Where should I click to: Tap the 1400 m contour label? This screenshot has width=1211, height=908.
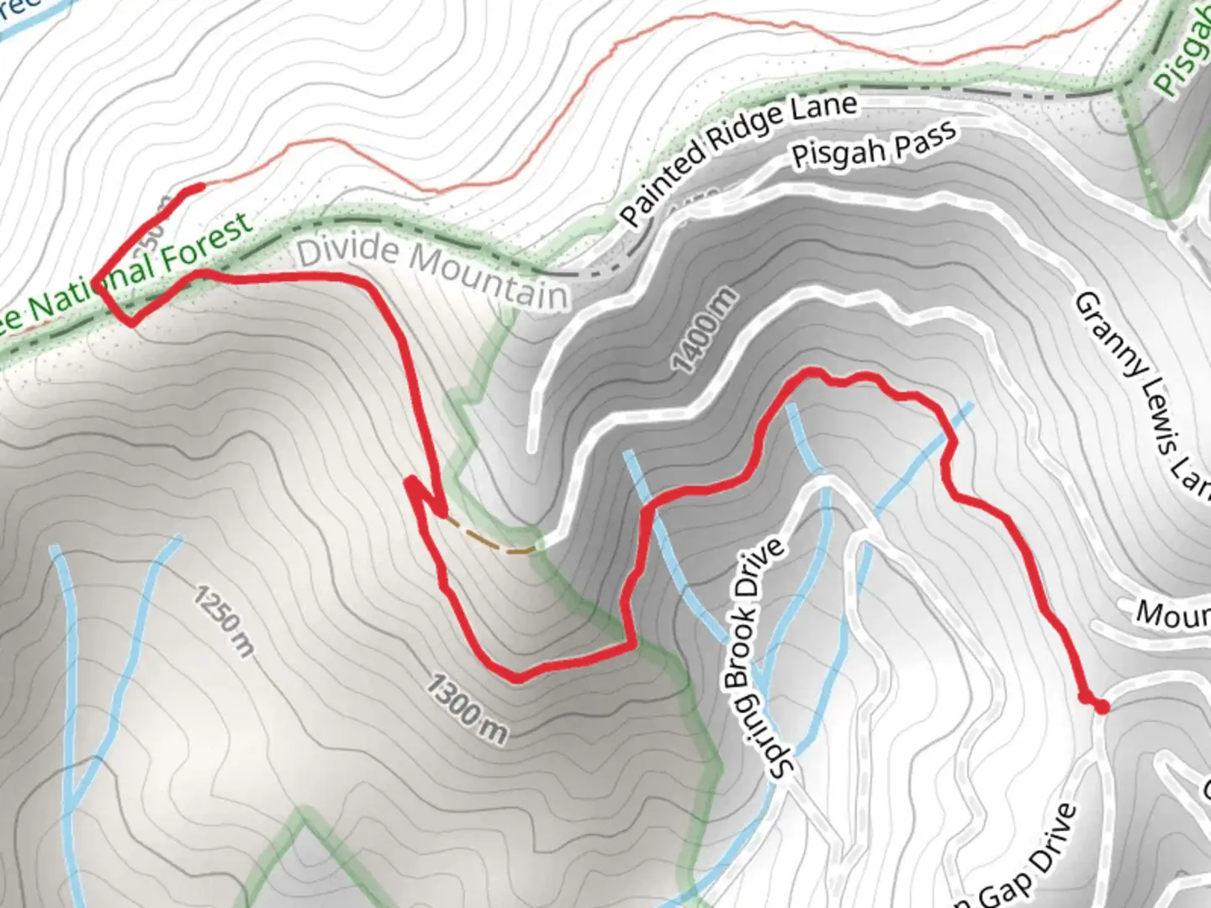(x=705, y=330)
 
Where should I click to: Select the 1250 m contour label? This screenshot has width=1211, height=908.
(x=224, y=621)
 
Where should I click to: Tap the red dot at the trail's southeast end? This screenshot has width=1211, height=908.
(x=1101, y=708)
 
